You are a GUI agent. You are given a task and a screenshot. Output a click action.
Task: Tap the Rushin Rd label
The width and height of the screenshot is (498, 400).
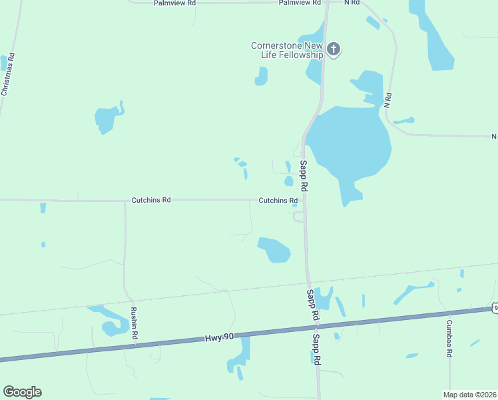(x=134, y=323)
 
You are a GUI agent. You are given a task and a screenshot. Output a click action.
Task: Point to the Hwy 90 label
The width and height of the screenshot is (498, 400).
(x=220, y=338)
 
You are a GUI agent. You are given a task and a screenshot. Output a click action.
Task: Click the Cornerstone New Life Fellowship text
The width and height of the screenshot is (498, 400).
(x=287, y=50)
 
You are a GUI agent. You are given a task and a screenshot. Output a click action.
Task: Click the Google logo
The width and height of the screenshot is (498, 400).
(x=22, y=392)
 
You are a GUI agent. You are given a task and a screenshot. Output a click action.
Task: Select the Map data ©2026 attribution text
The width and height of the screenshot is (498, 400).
(x=469, y=395)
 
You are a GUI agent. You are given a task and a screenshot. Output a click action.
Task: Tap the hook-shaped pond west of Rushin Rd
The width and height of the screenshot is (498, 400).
(x=109, y=323)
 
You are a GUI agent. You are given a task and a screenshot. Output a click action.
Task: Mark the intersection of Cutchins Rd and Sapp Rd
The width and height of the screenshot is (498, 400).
(x=304, y=199)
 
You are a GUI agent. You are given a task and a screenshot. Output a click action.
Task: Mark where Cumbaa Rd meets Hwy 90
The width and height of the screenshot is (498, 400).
(x=449, y=312)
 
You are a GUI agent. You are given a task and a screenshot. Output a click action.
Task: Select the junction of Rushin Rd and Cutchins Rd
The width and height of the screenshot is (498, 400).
(x=124, y=200)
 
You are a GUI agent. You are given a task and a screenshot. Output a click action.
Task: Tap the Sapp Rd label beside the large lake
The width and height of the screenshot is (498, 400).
(x=303, y=175)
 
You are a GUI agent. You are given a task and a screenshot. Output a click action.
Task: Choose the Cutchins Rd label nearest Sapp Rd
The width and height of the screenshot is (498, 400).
(x=278, y=200)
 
